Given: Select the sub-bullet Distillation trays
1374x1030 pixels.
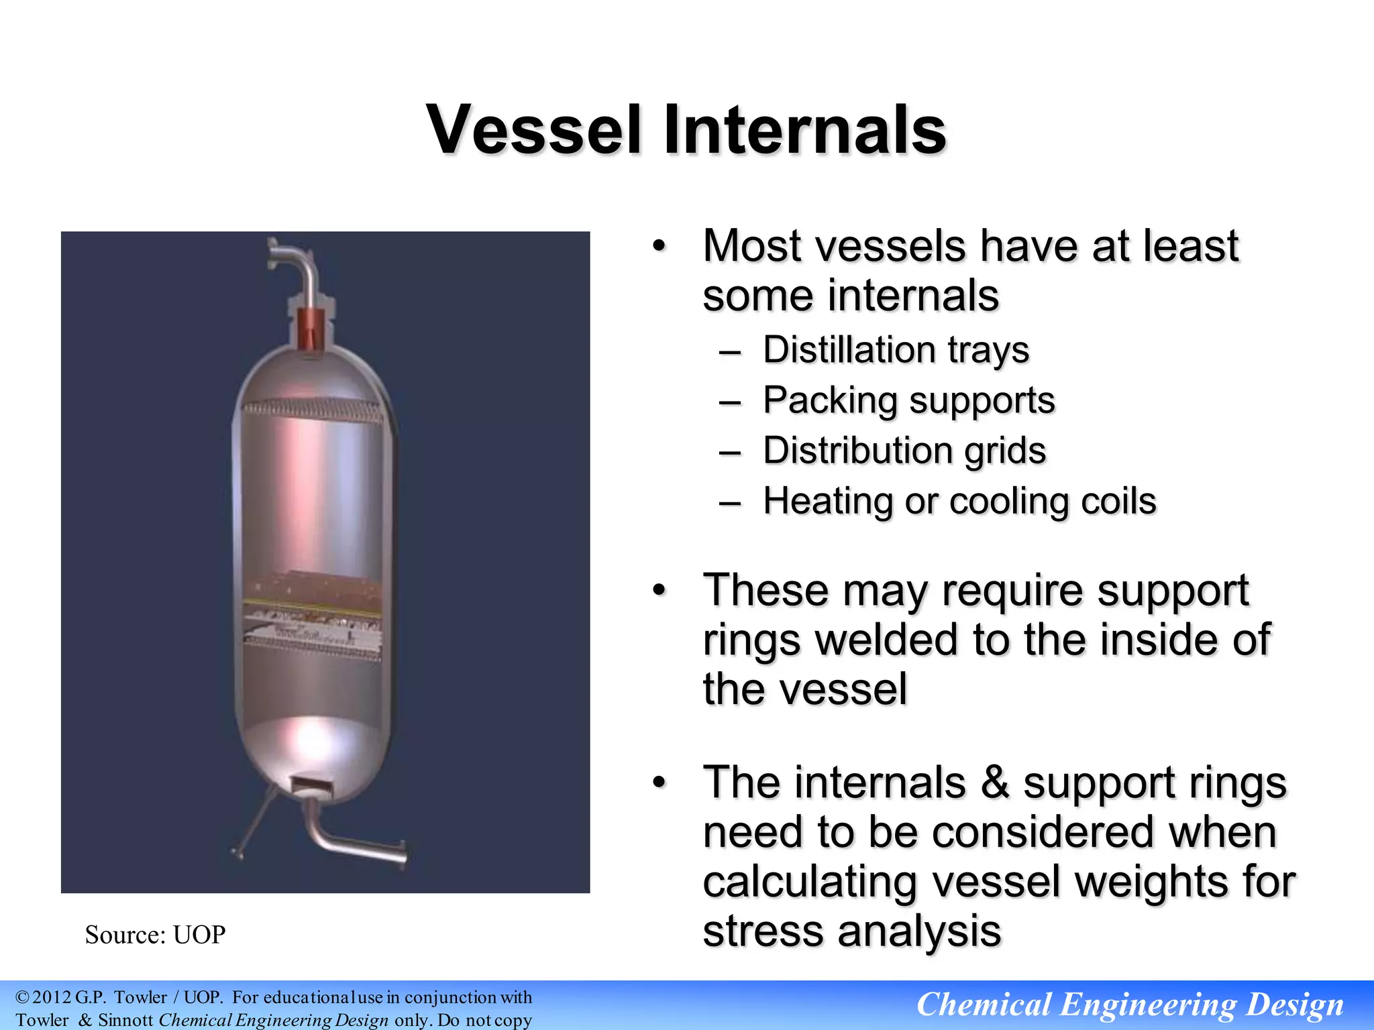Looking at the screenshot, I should [x=896, y=350].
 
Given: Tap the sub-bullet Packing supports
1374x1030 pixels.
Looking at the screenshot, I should [x=908, y=400].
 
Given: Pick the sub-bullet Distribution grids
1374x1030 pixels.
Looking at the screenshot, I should [x=904, y=451].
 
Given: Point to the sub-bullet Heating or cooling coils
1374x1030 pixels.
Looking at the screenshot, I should [x=959, y=501].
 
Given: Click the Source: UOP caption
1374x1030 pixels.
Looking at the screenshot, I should [x=155, y=935].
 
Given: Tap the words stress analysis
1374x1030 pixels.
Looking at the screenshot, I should [x=851, y=931].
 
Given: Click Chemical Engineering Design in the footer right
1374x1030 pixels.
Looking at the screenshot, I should [x=1130, y=1005].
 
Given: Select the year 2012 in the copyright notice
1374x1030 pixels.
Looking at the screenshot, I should [x=52, y=997].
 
